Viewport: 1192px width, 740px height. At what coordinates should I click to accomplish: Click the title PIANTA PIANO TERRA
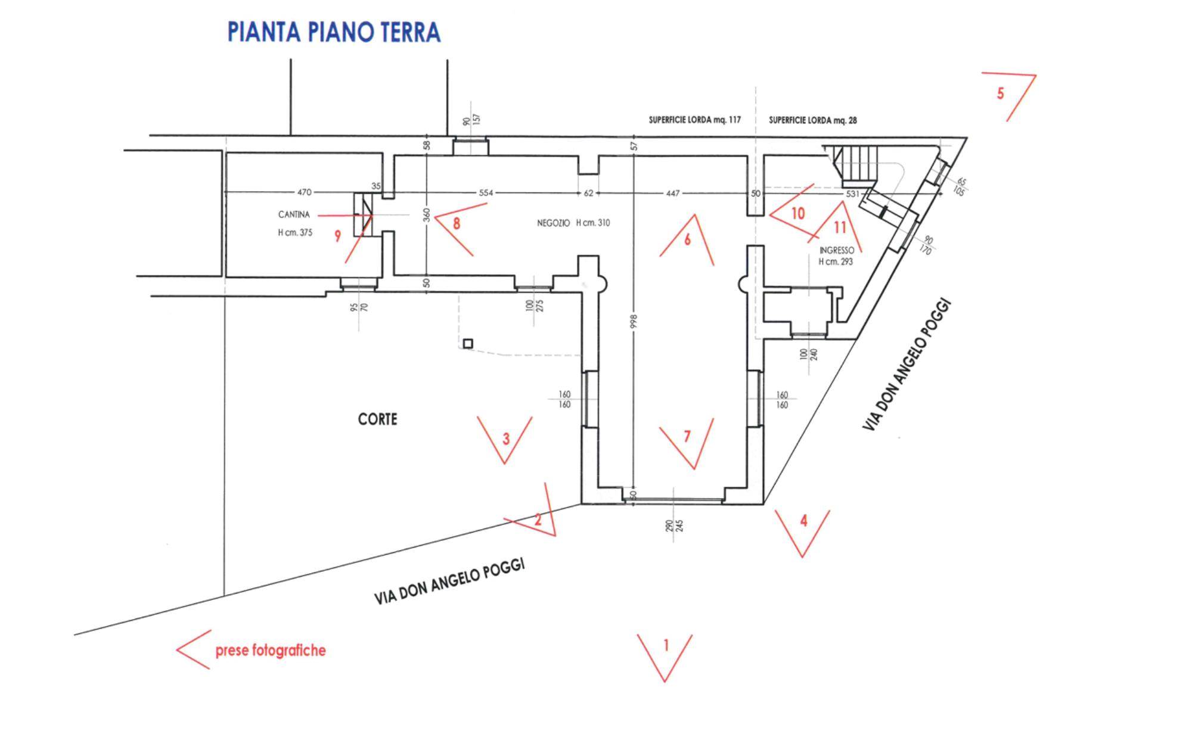point(334,32)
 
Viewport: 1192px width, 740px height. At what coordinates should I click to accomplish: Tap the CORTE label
point(377,419)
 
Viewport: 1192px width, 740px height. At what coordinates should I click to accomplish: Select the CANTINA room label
point(294,214)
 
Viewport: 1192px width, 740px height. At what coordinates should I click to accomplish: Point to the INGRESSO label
point(837,251)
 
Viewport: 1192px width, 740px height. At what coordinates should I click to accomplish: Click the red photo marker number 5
point(1001,94)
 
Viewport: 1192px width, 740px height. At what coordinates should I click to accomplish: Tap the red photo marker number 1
point(666,645)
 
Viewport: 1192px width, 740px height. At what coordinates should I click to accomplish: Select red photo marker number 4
point(803,521)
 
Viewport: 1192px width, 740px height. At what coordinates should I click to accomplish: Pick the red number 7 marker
point(687,437)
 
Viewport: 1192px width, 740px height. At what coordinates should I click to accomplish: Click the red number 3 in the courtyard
point(506,439)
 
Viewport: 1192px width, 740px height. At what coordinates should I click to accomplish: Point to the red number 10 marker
point(797,213)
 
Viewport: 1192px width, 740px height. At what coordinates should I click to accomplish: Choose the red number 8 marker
point(457,223)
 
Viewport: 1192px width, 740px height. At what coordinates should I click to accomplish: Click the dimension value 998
point(634,321)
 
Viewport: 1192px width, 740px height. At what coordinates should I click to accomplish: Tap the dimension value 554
point(486,192)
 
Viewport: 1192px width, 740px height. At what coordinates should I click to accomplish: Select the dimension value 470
point(304,192)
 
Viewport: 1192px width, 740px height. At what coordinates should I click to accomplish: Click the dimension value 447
point(672,192)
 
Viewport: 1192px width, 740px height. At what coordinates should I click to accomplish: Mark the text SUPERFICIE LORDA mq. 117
point(694,120)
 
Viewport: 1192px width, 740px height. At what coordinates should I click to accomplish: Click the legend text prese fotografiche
point(271,650)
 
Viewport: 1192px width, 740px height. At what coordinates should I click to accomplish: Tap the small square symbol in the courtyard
point(468,344)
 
